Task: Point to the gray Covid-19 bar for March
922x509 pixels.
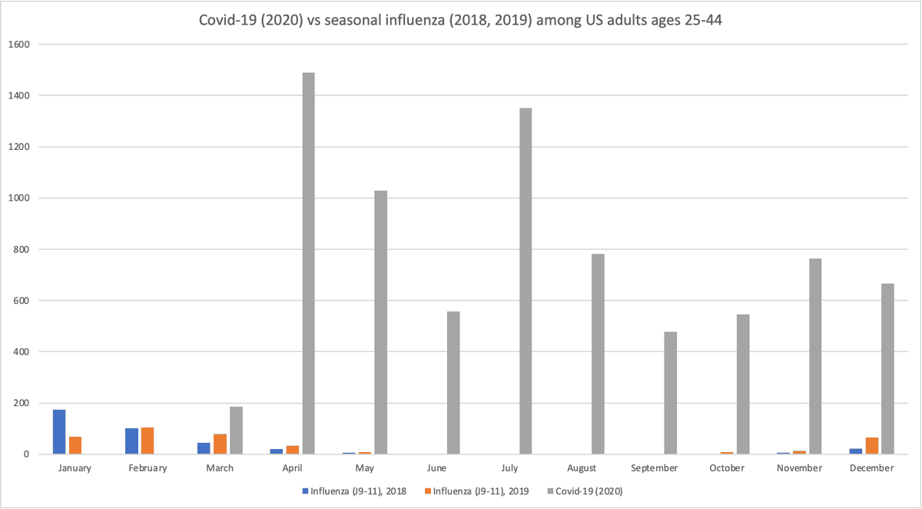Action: pyautogui.click(x=236, y=431)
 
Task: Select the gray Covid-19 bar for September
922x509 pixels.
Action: pyautogui.click(x=671, y=393)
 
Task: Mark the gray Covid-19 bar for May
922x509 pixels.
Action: pyautogui.click(x=380, y=323)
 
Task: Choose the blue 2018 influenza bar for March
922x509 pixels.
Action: pyautogui.click(x=204, y=448)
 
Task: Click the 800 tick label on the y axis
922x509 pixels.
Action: pyautogui.click(x=21, y=249)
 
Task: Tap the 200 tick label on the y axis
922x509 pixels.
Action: pyautogui.click(x=21, y=403)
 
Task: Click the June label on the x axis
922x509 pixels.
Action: pyautogui.click(x=436, y=468)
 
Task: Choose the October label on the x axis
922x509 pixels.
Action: pyautogui.click(x=727, y=468)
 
